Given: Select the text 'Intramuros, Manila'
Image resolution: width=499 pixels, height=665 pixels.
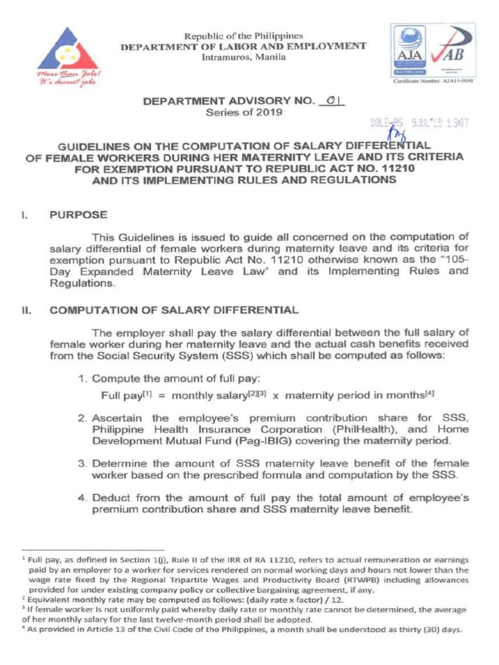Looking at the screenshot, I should coord(238,57).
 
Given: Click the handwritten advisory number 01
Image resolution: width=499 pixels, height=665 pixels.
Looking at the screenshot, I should coord(333,101).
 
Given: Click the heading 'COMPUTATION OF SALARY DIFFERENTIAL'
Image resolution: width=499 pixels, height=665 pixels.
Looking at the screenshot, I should coord(175,310).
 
